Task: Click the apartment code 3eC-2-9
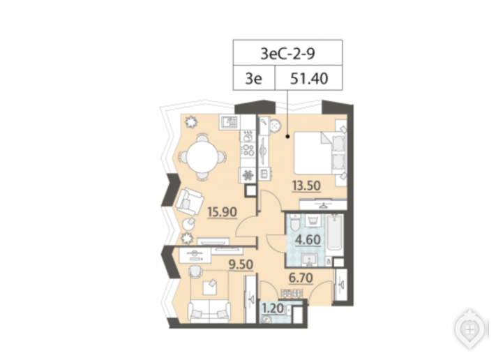tap(287, 54)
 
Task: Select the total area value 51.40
tap(309, 79)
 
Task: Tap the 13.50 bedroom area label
tap(306, 186)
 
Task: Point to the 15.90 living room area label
tap(222, 212)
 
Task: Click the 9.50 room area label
tap(241, 264)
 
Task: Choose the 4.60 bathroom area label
tap(308, 240)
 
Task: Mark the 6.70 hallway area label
tap(301, 278)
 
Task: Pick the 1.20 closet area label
tap(273, 308)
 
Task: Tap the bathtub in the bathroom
tap(335, 234)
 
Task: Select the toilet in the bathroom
tap(294, 223)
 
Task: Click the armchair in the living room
tap(189, 201)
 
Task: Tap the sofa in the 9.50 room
tap(209, 312)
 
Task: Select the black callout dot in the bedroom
tap(287, 137)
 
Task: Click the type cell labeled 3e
tap(254, 78)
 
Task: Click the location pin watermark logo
tap(470, 329)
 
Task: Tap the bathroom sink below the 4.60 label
tap(308, 260)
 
